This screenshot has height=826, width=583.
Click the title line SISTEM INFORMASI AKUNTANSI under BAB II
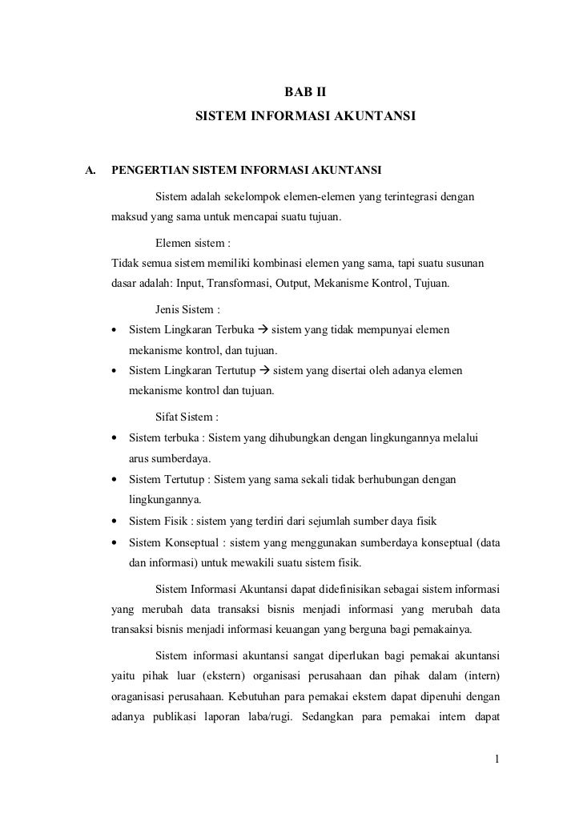tap(305, 117)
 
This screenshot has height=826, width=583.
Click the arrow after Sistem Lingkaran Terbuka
tap(264, 329)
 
